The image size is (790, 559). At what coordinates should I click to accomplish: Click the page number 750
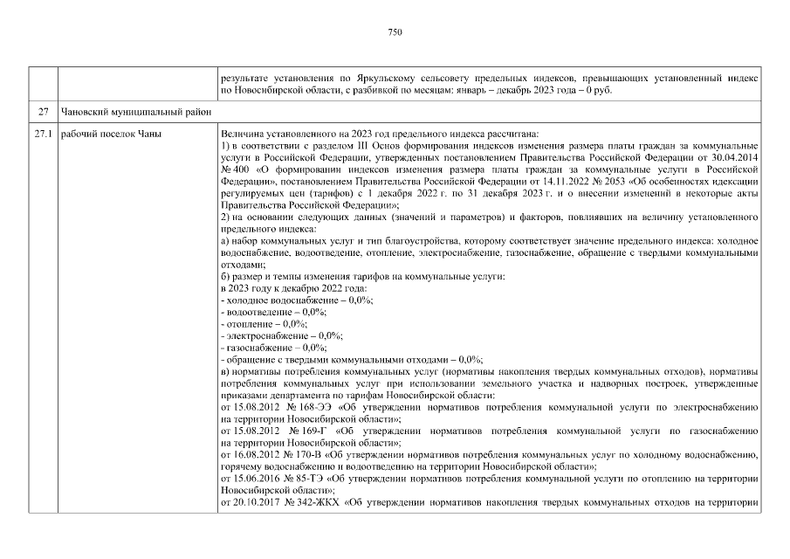[x=395, y=32]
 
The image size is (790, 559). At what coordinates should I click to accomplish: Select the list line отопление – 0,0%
[x=258, y=323]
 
